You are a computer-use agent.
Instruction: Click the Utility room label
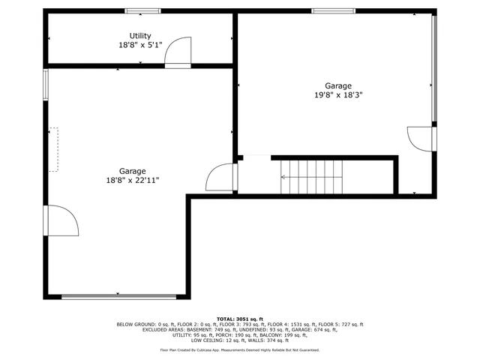[x=140, y=36]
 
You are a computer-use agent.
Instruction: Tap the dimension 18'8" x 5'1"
[x=140, y=45]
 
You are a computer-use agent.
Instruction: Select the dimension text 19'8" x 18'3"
[x=338, y=95]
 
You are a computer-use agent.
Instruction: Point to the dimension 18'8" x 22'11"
[x=133, y=180]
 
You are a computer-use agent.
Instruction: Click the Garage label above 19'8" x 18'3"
[x=338, y=85]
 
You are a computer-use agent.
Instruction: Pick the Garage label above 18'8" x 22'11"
[x=133, y=170]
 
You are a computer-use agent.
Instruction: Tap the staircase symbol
[x=311, y=177]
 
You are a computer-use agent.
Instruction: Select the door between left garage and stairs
[x=223, y=177]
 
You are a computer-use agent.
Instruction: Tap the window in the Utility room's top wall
[x=142, y=11]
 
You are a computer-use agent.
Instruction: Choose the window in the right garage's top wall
[x=334, y=11]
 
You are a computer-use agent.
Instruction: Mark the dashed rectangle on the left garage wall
[x=53, y=149]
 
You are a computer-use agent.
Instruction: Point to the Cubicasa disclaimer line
[x=240, y=349]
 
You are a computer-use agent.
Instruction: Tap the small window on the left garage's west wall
[x=46, y=84]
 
